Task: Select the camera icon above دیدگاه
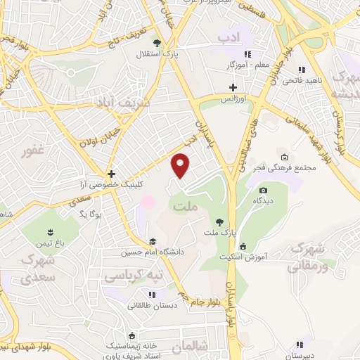(264, 190)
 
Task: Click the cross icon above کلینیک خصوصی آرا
(110, 173)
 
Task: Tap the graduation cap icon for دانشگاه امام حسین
(153, 242)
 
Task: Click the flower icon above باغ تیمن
(50, 231)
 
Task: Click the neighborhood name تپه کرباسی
(134, 276)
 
